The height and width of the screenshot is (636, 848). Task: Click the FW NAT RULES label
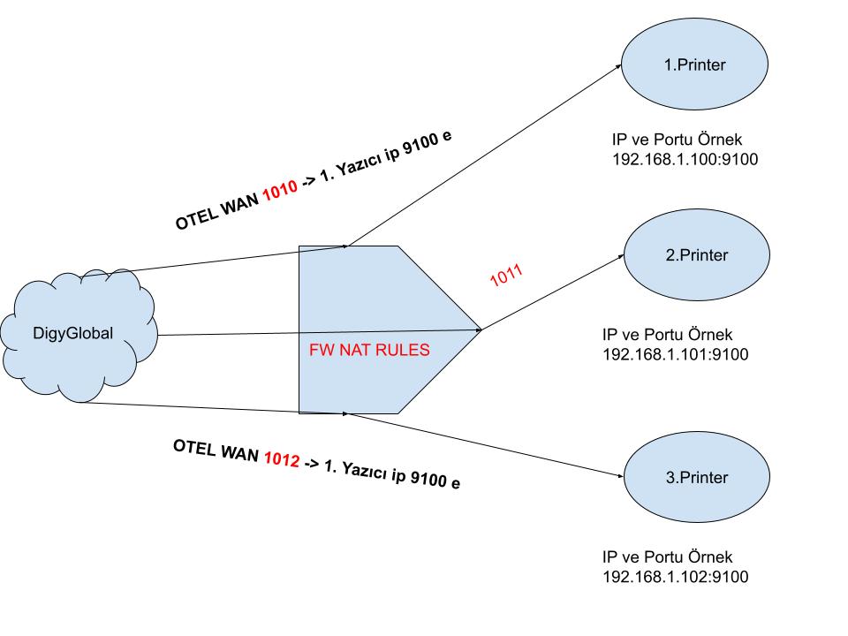pyautogui.click(x=369, y=350)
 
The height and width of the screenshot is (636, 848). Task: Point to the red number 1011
pyautogui.click(x=506, y=275)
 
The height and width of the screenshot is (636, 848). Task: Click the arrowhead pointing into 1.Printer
pyautogui.click(x=617, y=63)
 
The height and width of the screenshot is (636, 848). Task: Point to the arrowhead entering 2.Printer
pyautogui.click(x=619, y=257)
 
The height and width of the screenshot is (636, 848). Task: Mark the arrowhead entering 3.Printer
pyautogui.click(x=619, y=474)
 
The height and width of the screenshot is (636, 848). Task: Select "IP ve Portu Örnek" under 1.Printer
pyautogui.click(x=678, y=140)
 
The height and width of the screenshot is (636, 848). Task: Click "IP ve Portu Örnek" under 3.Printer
pyautogui.click(x=668, y=558)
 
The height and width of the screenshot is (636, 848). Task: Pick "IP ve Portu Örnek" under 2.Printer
pyautogui.click(x=668, y=337)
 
